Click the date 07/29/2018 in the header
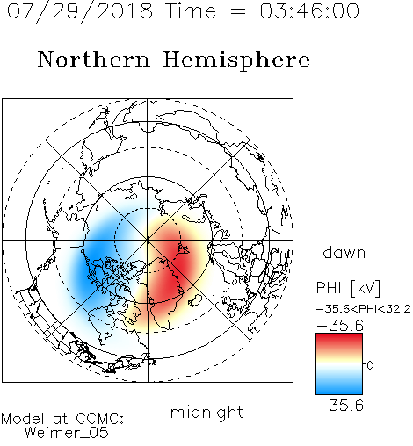[80, 11]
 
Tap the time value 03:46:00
[309, 11]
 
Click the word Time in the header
[192, 11]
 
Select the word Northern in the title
[94, 60]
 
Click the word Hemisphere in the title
[236, 61]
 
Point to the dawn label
[344, 253]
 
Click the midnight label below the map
[206, 413]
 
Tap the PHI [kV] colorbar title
[348, 288]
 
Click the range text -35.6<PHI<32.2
[364, 309]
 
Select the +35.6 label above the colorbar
[340, 326]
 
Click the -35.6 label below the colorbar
[340, 406]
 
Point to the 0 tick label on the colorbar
[370, 365]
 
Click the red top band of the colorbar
[339, 340]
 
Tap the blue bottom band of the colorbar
[339, 388]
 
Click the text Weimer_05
[67, 433]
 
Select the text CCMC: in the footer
[100, 419]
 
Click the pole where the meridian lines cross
[148, 240]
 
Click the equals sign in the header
[238, 11]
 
